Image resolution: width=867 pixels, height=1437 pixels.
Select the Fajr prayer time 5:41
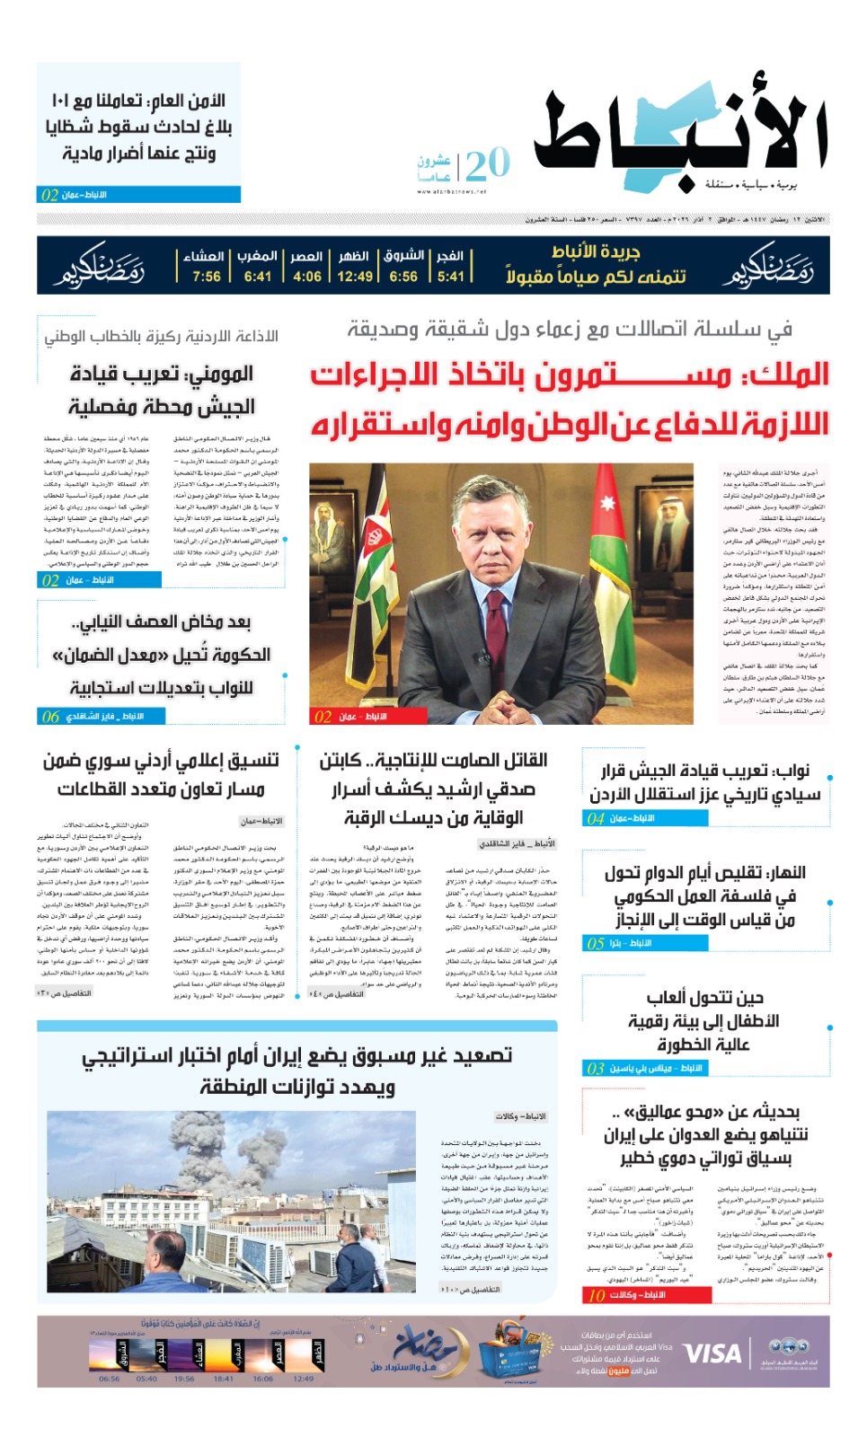[x=451, y=277]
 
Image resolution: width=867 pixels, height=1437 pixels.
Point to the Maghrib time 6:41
[x=258, y=277]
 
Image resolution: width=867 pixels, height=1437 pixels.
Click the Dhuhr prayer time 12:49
[x=355, y=277]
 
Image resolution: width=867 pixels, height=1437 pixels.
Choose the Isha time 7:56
[x=206, y=277]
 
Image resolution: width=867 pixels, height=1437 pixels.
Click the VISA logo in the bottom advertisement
[x=712, y=1353]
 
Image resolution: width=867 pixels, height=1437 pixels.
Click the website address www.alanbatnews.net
[x=451, y=191]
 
